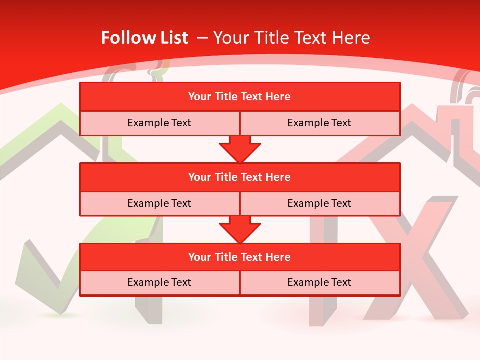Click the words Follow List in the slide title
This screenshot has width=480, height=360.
point(145,38)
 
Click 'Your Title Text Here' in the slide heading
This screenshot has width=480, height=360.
point(292,38)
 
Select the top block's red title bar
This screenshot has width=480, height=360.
point(240,97)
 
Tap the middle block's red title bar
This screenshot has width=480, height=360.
point(240,177)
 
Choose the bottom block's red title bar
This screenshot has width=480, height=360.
point(240,257)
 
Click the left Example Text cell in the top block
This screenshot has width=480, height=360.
point(159,123)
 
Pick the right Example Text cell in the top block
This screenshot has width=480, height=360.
point(319,123)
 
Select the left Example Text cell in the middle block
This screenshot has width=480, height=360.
point(159,203)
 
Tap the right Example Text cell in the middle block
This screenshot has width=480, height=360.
point(319,203)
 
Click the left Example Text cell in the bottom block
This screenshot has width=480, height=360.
point(159,282)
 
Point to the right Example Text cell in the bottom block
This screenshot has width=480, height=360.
point(319,282)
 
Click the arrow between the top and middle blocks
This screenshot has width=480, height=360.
point(240,149)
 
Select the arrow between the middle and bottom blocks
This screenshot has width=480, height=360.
point(240,229)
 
